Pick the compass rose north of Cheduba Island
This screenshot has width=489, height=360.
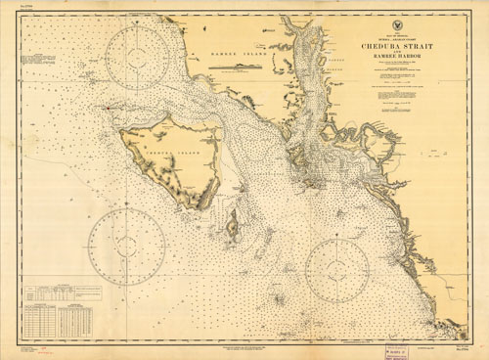138,56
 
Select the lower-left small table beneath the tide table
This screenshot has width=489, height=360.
42,319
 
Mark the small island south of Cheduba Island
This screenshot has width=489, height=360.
233,228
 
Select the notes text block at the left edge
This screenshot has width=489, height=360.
45,67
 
